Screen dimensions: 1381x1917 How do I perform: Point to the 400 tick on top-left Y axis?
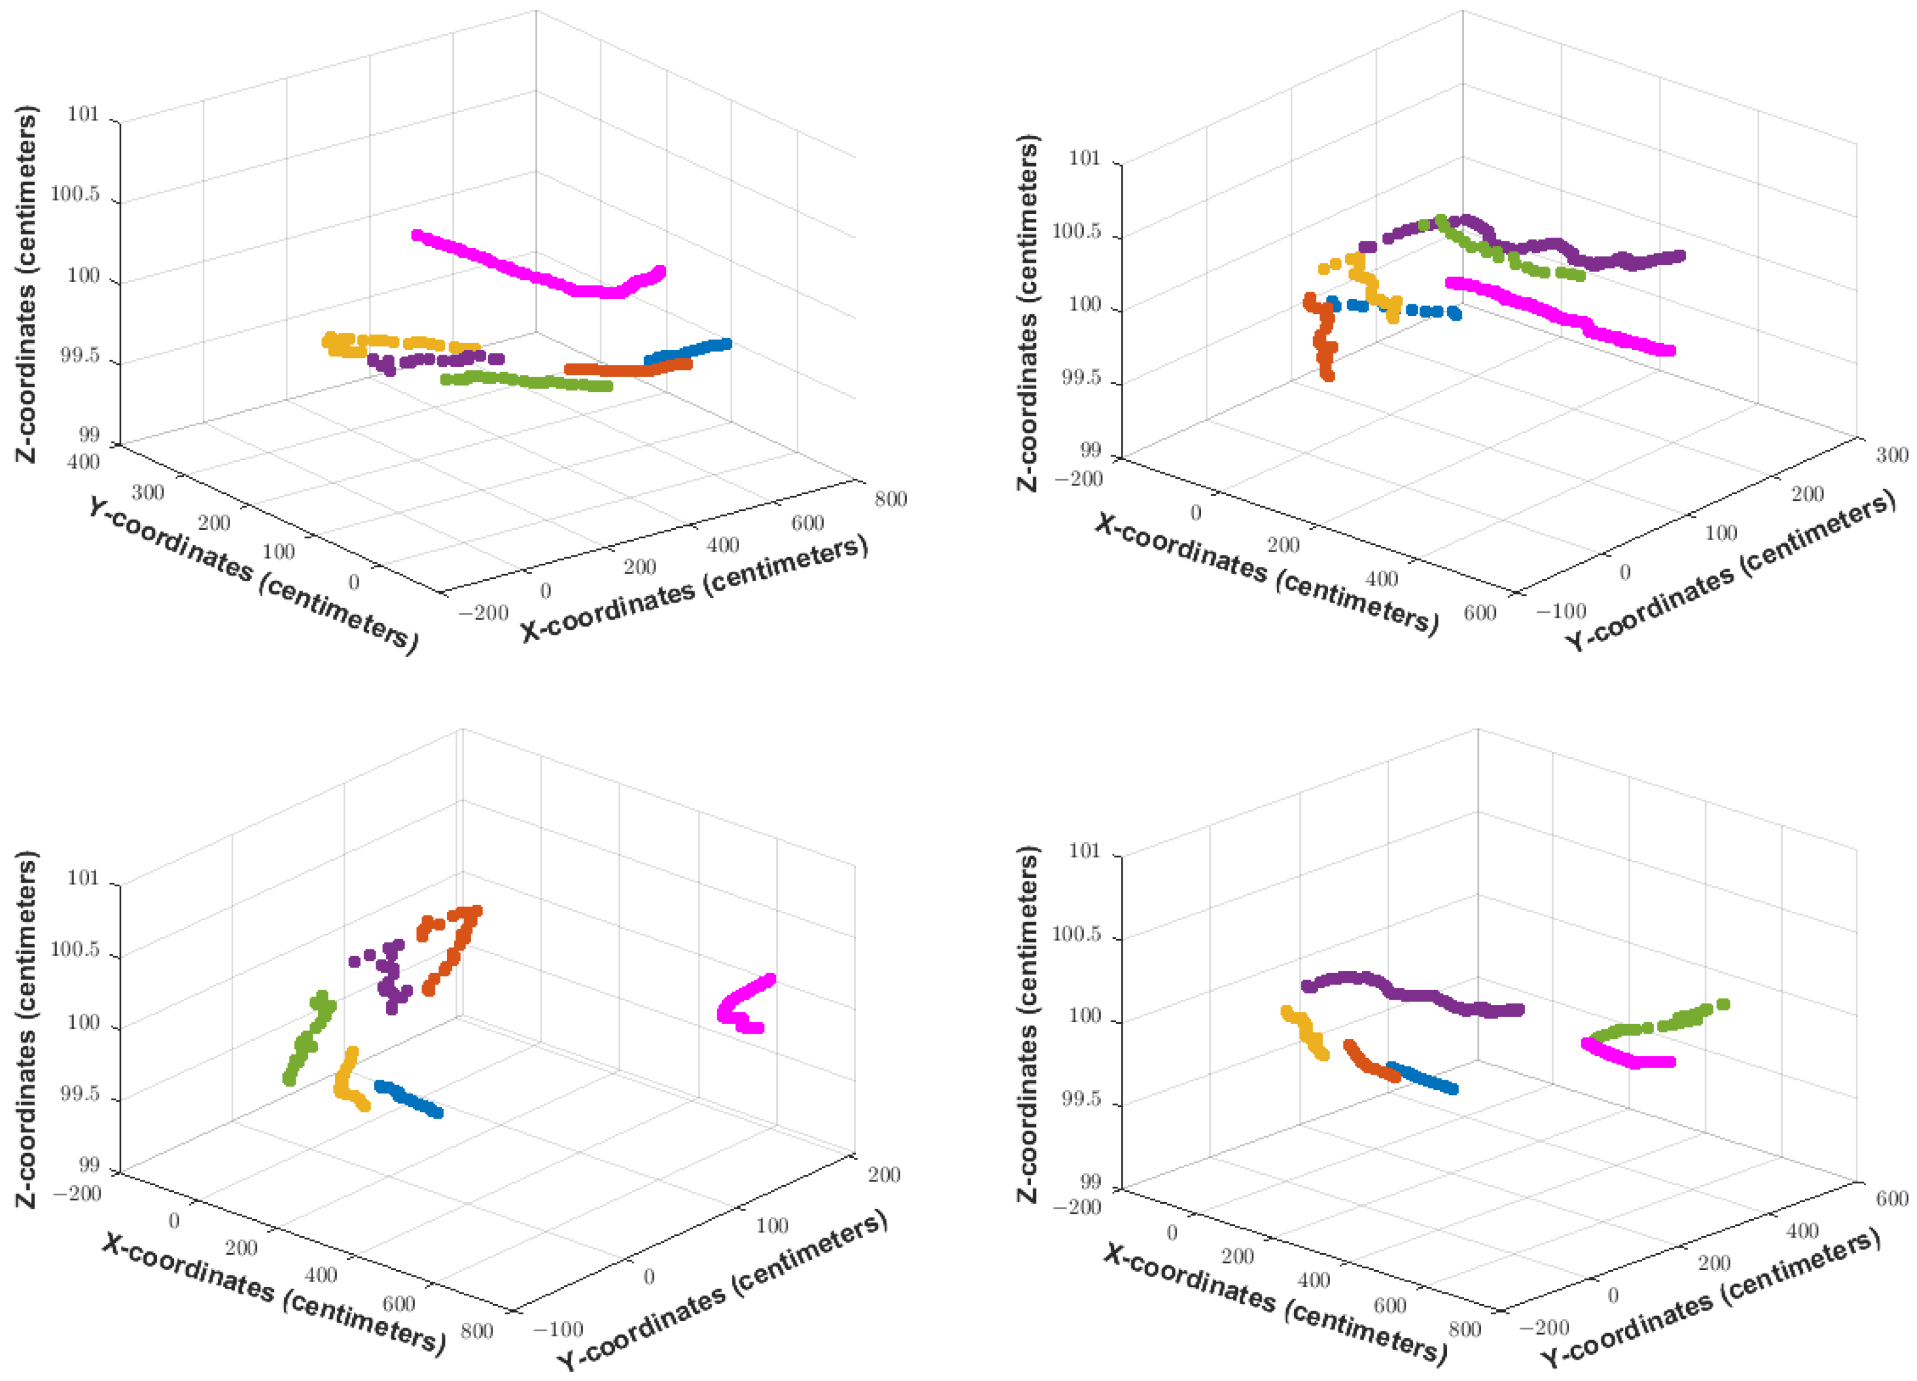point(84,463)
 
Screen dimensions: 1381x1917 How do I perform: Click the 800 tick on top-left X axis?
point(891,499)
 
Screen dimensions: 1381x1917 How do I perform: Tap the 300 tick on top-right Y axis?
point(1892,455)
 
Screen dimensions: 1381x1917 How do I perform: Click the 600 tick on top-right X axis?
point(1479,612)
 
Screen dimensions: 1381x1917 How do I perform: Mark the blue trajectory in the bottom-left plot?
point(410,1098)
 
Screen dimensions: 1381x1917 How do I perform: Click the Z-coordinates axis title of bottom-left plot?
point(27,1028)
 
